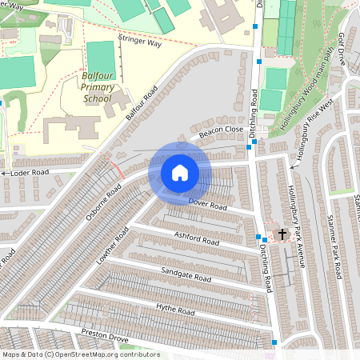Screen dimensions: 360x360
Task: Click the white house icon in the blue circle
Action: point(180,173)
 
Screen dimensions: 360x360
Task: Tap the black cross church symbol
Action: point(282,234)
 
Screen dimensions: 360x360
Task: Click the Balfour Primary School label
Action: point(98,87)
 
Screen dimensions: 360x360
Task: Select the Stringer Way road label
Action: point(139,42)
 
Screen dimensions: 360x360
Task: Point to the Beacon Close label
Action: point(222,130)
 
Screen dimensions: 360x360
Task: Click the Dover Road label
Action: point(208,205)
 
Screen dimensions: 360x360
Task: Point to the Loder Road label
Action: point(30,172)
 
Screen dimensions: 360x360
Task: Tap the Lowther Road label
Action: point(112,246)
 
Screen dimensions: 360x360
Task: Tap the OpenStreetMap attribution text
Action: point(81,354)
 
